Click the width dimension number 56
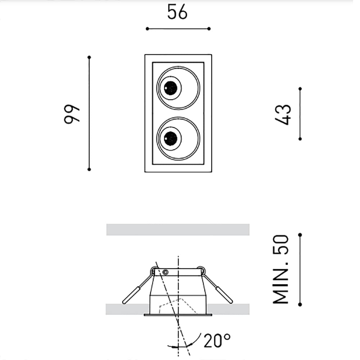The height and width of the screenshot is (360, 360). pos(177,13)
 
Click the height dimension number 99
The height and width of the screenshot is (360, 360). pos(71,114)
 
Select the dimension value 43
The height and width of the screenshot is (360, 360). pos(284,114)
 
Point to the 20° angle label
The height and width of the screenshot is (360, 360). pos(217,341)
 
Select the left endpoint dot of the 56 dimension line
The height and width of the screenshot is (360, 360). pos(147,28)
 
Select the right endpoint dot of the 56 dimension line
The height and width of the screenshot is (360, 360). pos(209,28)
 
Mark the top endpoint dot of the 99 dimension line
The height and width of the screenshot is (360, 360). pos(89,57)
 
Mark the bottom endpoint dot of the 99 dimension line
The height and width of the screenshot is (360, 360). pos(89,169)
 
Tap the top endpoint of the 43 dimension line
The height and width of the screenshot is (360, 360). pos(300,88)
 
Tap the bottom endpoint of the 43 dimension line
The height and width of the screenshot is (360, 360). pos(300,139)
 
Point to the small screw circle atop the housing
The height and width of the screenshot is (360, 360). pos(166,271)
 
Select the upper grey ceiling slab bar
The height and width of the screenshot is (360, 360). pos(178,229)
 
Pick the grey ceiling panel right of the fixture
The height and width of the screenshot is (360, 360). pos(230,309)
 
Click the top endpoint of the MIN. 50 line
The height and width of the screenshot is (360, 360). pos(300,235)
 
